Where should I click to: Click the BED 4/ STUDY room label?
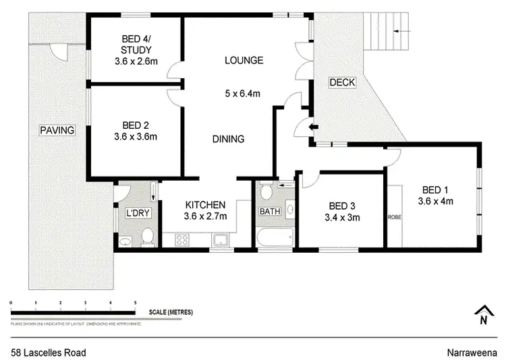pos(136,44)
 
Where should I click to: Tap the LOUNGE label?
pos(244,61)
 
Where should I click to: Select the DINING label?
pos(228,139)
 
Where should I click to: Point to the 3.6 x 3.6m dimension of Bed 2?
pos(136,137)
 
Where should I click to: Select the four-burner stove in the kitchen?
pos(182,239)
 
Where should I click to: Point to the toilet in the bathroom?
pos(266,192)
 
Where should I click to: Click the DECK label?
pos(341,82)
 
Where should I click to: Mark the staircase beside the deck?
pos(387,31)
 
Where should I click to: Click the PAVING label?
pos(56,130)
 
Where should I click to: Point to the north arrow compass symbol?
pos(482,316)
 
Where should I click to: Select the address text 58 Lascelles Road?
pos(48,352)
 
